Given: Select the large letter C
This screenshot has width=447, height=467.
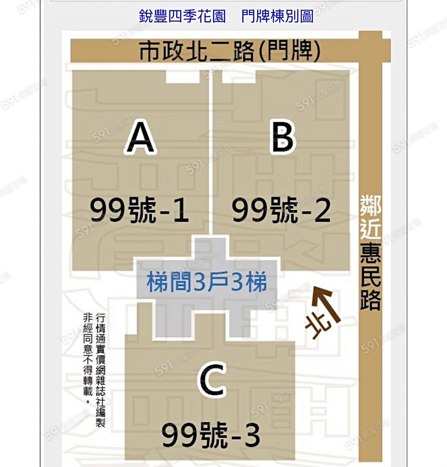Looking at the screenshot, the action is tap(212, 380).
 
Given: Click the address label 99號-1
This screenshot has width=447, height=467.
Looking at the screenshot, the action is tap(140, 210).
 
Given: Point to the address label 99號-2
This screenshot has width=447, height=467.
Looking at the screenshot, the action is tap(282, 210).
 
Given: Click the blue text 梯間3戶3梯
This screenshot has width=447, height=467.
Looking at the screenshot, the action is tap(207, 282).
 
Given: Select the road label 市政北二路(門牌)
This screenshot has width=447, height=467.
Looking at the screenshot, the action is tap(229, 51).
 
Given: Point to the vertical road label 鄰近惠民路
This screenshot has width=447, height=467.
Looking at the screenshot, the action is tap(371, 252).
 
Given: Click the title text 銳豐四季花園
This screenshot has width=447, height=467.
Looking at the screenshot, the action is tap(182, 16).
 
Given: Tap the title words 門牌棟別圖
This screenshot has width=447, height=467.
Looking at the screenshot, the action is tap(277, 16).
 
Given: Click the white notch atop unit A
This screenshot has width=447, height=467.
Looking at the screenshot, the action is tap(182, 77).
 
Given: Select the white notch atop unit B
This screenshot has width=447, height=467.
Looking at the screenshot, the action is tap(239, 77).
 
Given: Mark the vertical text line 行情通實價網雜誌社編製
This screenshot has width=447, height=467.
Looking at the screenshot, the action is tap(100, 371).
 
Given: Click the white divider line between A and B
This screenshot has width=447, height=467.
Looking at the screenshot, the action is tap(211, 153).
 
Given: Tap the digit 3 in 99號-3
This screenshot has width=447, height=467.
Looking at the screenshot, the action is tap(252, 435).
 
